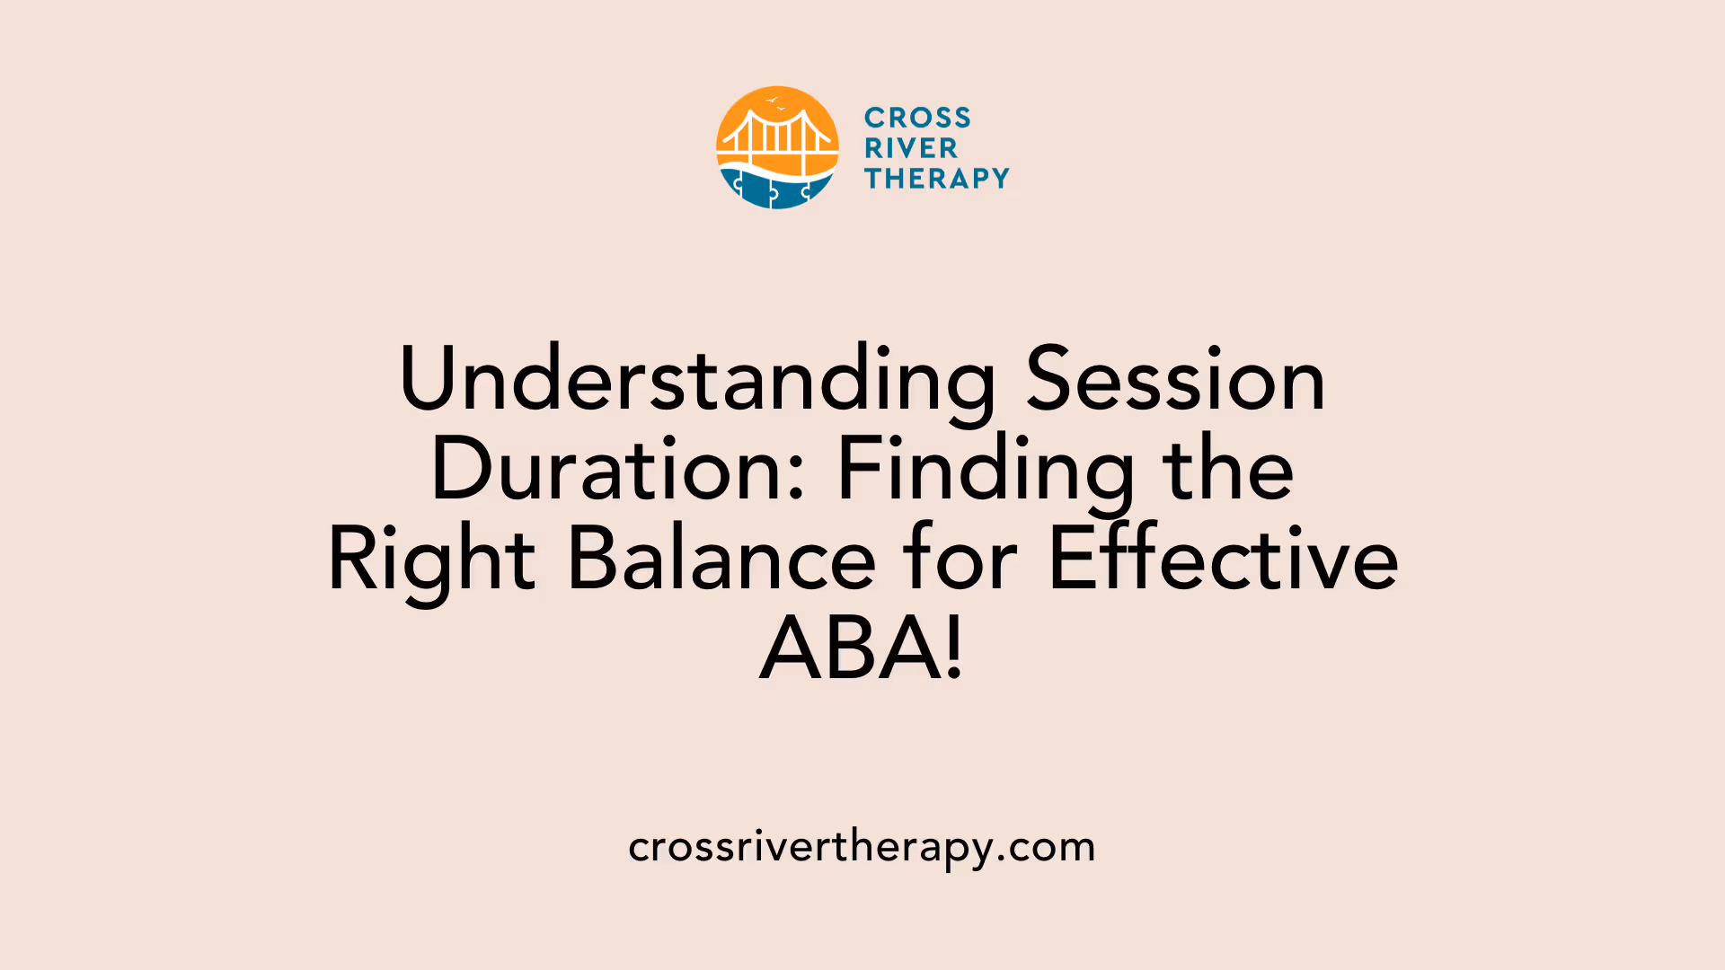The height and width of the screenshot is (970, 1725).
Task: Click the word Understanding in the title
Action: coord(697,381)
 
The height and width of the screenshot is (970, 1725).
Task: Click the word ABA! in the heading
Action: coord(862,648)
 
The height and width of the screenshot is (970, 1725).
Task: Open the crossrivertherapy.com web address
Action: coord(862,847)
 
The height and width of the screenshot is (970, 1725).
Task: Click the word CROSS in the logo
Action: coord(917,118)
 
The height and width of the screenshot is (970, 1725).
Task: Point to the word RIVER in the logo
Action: coord(911,148)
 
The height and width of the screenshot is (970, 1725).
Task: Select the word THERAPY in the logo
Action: coord(937,179)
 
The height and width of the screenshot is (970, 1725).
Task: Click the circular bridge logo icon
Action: coord(777,148)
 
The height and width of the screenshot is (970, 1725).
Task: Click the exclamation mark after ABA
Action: coord(954,648)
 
